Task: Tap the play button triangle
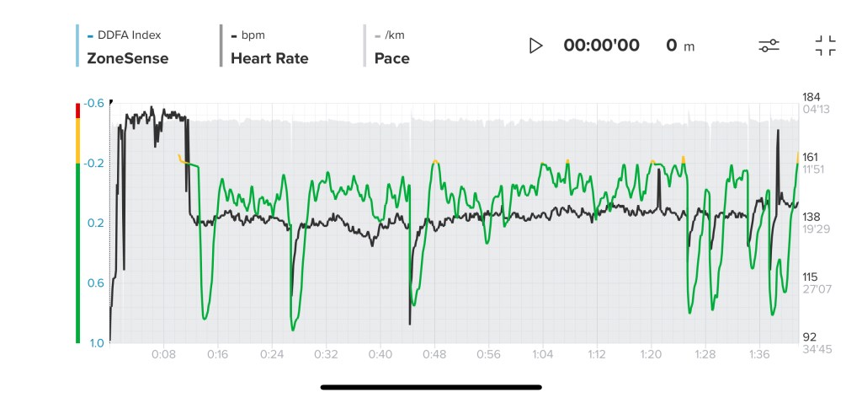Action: click(x=535, y=46)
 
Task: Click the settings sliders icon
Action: click(x=768, y=46)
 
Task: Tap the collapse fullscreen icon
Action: click(x=825, y=46)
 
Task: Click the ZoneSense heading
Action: click(x=127, y=59)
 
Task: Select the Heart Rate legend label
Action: click(x=269, y=59)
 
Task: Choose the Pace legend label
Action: click(x=391, y=59)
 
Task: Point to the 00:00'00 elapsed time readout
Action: click(x=601, y=46)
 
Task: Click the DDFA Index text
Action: click(x=130, y=35)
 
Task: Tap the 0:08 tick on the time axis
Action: click(x=164, y=354)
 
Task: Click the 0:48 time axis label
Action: click(x=434, y=354)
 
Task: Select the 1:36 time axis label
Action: click(x=759, y=354)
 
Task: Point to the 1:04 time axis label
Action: click(x=543, y=354)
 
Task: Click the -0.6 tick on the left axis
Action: click(x=94, y=104)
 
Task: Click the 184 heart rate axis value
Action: click(x=811, y=97)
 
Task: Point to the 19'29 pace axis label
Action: click(x=813, y=229)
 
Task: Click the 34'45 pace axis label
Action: click(x=813, y=348)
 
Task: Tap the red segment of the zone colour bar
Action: click(x=78, y=110)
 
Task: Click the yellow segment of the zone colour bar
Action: click(x=78, y=140)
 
